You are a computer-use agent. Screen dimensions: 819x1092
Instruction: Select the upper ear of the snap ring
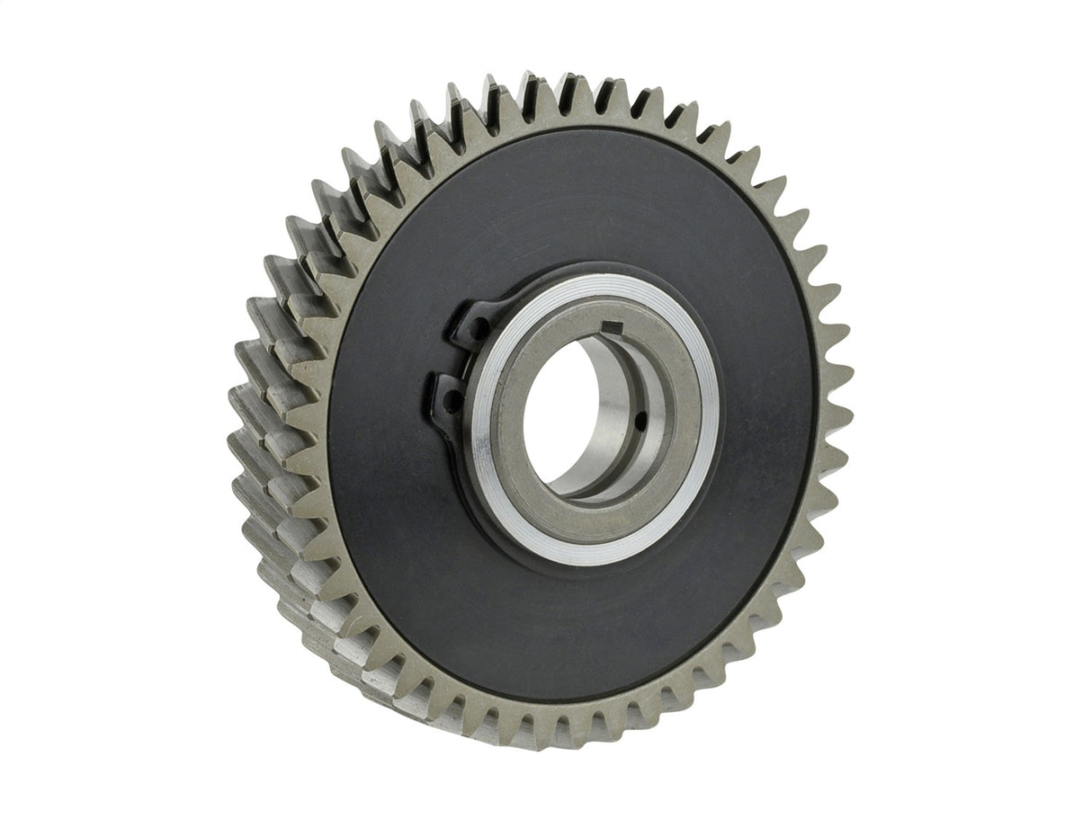470,322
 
